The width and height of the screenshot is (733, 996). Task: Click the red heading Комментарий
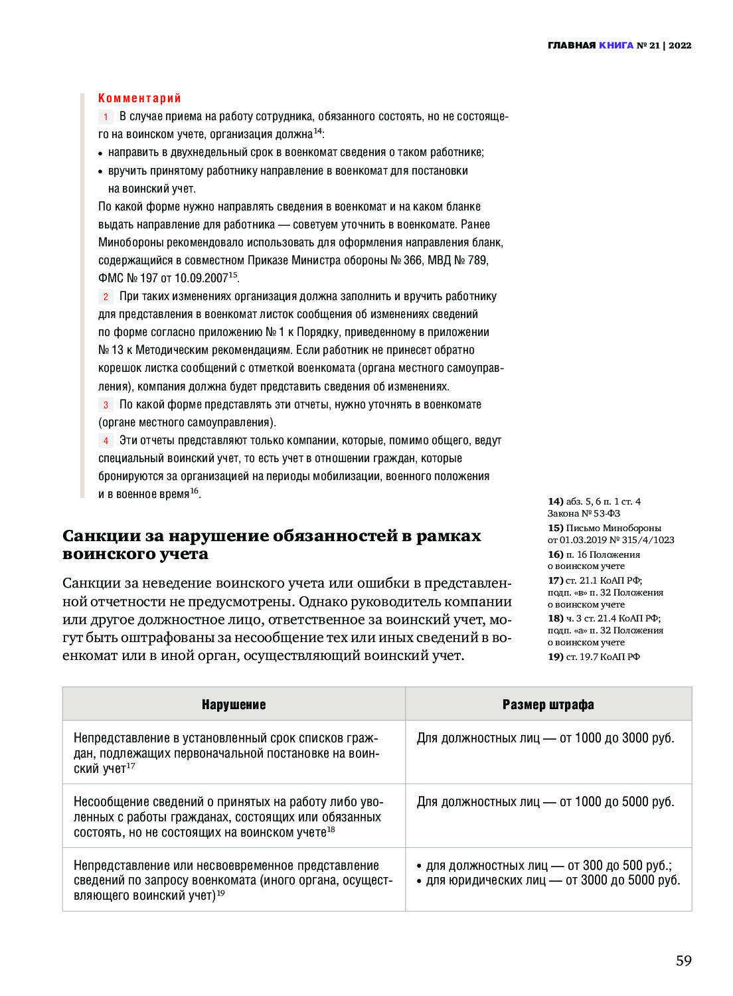pyautogui.click(x=139, y=98)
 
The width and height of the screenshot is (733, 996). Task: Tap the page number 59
pyautogui.click(x=683, y=961)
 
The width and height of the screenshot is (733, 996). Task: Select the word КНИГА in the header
pyautogui.click(x=616, y=46)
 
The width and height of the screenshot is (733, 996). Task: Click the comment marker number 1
pyautogui.click(x=106, y=117)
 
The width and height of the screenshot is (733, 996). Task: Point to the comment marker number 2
pyautogui.click(x=106, y=297)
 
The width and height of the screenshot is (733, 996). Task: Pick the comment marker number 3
pyautogui.click(x=106, y=405)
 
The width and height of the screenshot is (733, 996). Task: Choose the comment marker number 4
pyautogui.click(x=106, y=441)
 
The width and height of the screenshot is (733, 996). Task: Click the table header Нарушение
pyautogui.click(x=234, y=705)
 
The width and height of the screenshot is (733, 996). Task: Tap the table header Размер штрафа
pyautogui.click(x=548, y=705)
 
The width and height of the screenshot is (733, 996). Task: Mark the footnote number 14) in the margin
pyautogui.click(x=555, y=501)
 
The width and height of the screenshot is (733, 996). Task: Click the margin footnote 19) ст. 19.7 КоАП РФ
pyautogui.click(x=594, y=657)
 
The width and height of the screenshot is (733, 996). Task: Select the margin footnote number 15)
pyautogui.click(x=555, y=528)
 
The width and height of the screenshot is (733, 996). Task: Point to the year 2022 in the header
pyautogui.click(x=680, y=46)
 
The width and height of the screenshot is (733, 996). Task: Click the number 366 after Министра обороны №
pyautogui.click(x=412, y=260)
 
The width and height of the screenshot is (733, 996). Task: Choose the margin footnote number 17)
pyautogui.click(x=555, y=580)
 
